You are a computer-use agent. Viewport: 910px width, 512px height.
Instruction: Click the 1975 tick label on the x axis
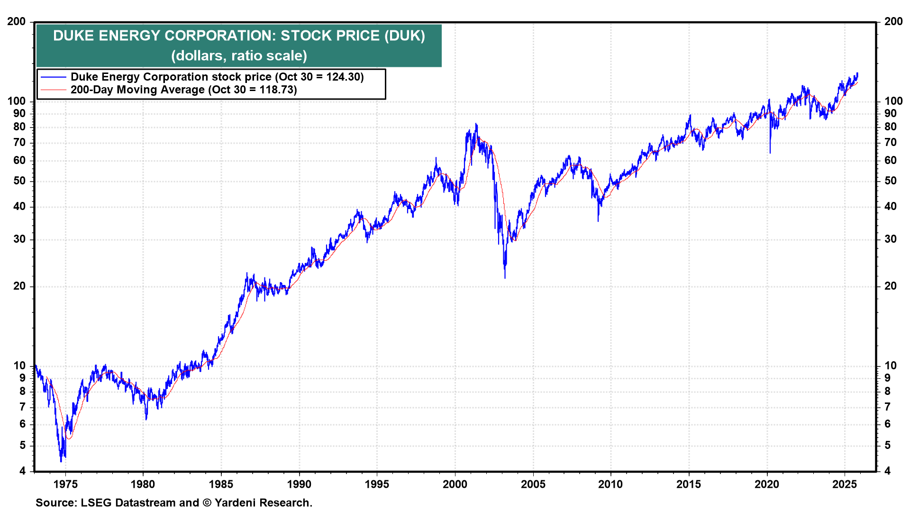pos(65,484)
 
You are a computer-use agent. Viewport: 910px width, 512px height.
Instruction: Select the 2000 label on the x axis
pos(455,484)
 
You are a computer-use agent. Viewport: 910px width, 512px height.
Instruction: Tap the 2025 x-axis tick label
pos(845,484)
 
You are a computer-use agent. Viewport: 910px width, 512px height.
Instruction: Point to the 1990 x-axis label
pos(299,484)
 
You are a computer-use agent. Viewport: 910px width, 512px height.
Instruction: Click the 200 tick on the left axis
pos(17,22)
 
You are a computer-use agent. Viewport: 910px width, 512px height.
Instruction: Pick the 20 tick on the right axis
pos(891,286)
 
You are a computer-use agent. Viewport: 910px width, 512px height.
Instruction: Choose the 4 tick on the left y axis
pos(22,471)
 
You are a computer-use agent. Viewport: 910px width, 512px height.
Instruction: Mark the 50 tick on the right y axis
pos(891,181)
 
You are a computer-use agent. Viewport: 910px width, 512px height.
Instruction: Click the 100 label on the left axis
pos(17,101)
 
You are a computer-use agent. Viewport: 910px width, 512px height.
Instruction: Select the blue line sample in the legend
pos(53,77)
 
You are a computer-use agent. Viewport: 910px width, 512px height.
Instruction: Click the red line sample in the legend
pos(53,90)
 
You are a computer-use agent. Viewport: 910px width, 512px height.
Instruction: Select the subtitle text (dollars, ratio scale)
pos(239,56)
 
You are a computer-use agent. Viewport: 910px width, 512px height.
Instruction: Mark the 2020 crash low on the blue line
pos(770,153)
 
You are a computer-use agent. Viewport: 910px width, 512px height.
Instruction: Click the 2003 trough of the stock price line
pos(505,278)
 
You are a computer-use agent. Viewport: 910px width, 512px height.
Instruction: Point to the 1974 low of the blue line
pos(61,461)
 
